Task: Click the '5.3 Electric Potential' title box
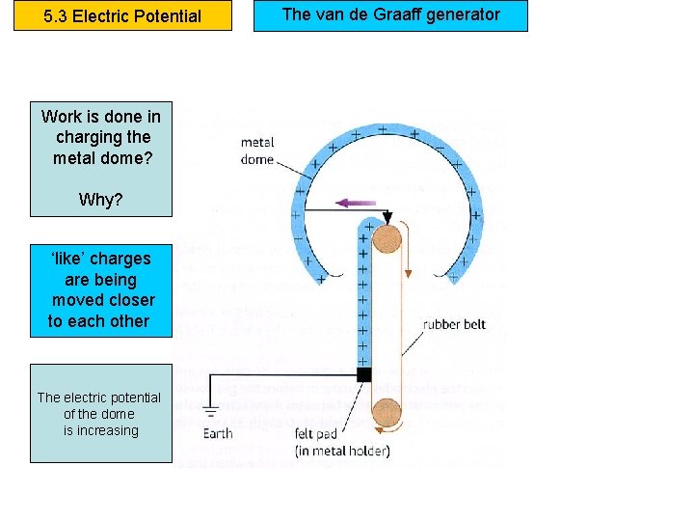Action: pos(122,16)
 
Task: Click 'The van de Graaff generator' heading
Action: pos(390,14)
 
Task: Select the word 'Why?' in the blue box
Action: pos(101,200)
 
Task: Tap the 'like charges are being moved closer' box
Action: pos(101,289)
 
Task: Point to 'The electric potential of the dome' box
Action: pos(100,413)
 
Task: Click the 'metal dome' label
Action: pos(257,151)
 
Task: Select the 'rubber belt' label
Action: pos(454,324)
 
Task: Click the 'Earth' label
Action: pos(218,433)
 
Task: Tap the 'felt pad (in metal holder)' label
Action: pos(342,442)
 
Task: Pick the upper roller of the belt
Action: pos(389,237)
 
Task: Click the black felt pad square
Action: pos(363,373)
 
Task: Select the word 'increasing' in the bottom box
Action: pos(109,430)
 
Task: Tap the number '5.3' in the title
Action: pos(58,16)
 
